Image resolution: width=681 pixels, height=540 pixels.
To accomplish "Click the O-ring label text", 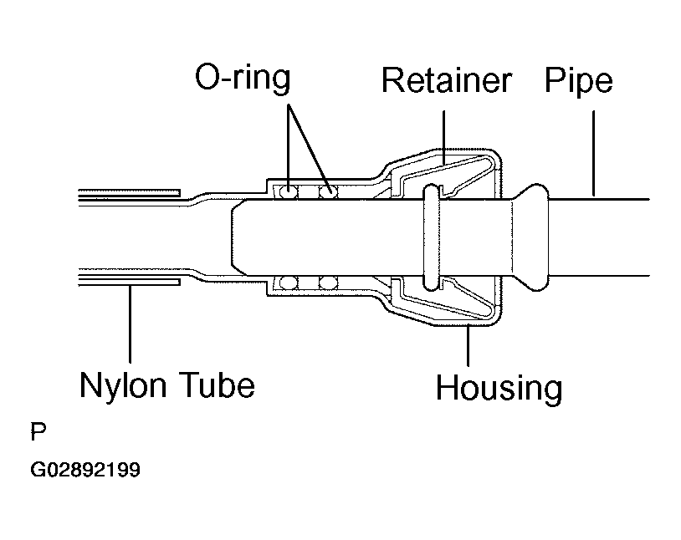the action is (243, 78).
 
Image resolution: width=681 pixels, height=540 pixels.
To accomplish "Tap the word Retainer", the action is (447, 80).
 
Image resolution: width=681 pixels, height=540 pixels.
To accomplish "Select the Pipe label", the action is (578, 81).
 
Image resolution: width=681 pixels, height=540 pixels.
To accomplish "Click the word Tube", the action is (218, 385).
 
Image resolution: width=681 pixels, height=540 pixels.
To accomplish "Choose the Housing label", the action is (499, 389).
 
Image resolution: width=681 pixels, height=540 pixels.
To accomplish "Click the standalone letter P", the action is (38, 431).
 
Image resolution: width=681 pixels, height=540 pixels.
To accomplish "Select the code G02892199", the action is (85, 470).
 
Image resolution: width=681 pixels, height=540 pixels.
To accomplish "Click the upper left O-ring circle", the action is (288, 192).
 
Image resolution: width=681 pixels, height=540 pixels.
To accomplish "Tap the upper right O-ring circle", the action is (328, 192).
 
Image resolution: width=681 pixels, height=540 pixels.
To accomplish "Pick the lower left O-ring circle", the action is (288, 283).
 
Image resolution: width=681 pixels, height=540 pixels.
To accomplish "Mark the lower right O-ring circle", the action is (328, 283).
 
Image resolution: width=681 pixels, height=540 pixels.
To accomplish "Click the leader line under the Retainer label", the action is (443, 138).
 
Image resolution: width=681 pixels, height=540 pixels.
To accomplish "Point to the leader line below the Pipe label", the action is (593, 153).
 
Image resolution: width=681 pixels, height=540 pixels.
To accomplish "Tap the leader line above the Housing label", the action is (468, 345).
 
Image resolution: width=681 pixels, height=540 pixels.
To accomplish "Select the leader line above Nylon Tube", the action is (130, 323).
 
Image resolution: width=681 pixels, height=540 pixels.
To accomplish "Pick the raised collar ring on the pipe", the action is (432, 237).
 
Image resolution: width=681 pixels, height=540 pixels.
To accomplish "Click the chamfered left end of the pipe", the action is (238, 237).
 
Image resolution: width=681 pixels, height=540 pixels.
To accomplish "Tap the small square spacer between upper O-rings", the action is (308, 192).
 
